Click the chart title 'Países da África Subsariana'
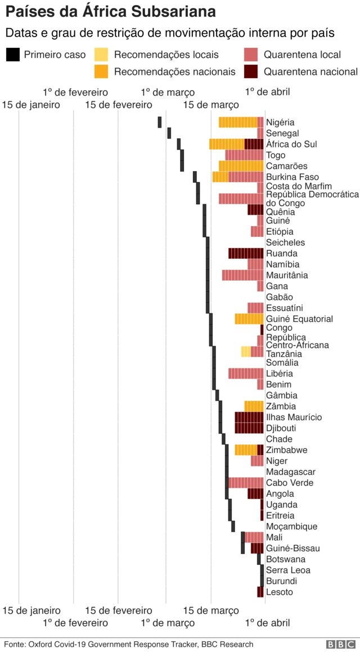111,12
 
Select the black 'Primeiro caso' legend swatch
13,55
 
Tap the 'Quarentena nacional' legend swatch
251,71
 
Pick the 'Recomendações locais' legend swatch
101,55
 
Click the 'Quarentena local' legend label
302,55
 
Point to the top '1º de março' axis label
168,92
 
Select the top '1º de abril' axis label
267,92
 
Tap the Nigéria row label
280,123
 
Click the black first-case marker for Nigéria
160,122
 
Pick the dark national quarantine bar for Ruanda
246,253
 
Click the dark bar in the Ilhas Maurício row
249,417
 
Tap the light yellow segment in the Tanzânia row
246,352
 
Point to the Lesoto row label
279,592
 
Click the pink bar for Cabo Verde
246,483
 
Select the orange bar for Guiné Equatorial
249,319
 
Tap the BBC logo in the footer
340,645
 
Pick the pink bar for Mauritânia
242,275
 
